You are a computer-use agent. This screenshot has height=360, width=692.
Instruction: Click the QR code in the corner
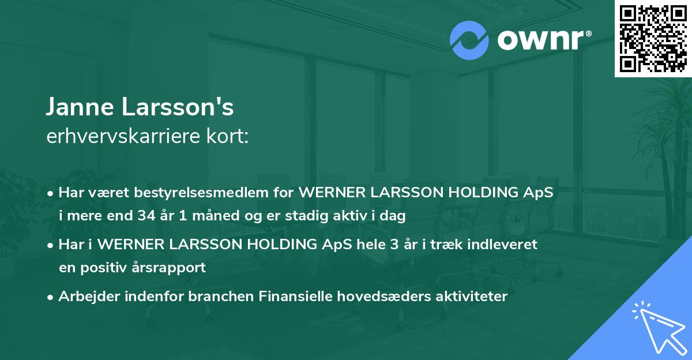click(x=653, y=39)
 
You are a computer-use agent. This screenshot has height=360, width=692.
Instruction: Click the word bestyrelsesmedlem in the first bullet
click(x=203, y=193)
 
